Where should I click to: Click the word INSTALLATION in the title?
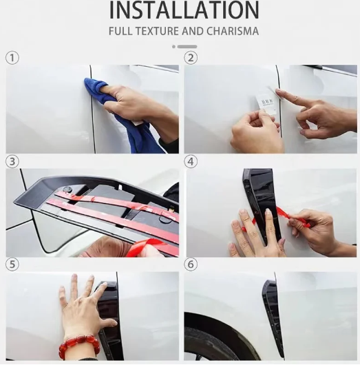tap(184, 10)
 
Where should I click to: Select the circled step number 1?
tap(12, 58)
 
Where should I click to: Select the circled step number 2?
tap(191, 58)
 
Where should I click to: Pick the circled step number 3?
tap(12, 161)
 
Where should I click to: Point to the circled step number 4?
tap(191, 161)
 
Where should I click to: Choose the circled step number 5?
tap(12, 264)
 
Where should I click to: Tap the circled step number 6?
tap(191, 264)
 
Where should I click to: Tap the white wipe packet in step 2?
tap(266, 103)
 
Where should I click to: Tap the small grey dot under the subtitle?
tap(173, 47)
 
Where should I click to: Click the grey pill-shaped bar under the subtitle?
tap(187, 47)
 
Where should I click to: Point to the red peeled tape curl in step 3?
tap(145, 247)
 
